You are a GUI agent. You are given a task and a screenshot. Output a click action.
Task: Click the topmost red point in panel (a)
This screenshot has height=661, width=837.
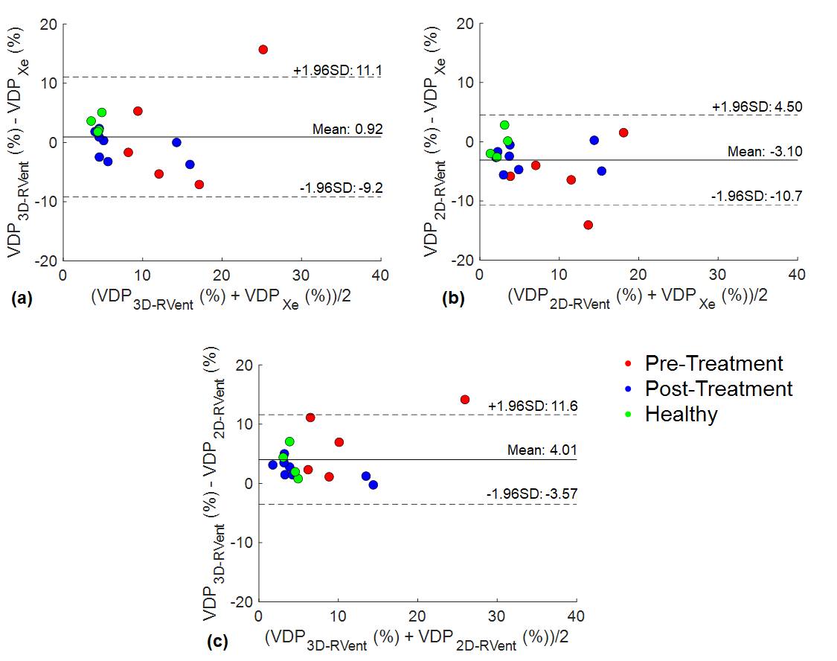click(x=263, y=49)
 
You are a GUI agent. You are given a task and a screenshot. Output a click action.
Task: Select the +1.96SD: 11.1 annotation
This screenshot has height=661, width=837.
click(x=337, y=70)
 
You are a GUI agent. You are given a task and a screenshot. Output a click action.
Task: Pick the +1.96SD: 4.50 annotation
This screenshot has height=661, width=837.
click(x=754, y=107)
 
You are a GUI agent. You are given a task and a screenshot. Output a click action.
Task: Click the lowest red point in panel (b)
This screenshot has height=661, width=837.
click(x=589, y=225)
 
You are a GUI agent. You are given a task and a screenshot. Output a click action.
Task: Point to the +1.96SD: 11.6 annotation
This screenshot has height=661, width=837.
click(x=533, y=406)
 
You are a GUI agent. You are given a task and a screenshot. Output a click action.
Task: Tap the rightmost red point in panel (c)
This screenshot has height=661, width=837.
click(x=465, y=400)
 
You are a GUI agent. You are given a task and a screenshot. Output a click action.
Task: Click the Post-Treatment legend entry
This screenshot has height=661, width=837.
click(x=718, y=389)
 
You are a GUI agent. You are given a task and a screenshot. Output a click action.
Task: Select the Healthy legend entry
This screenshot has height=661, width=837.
click(x=681, y=414)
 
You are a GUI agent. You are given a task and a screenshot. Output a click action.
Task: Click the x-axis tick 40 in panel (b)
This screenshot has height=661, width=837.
click(x=797, y=274)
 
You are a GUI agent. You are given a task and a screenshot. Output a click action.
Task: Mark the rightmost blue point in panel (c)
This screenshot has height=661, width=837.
click(x=373, y=485)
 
